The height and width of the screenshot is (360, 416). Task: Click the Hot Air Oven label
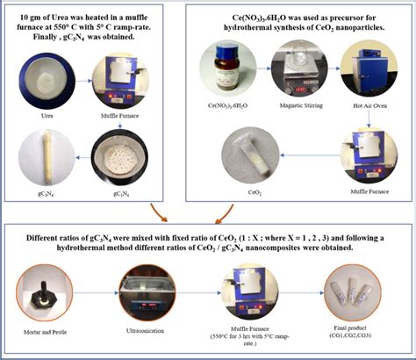(x=369, y=106)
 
